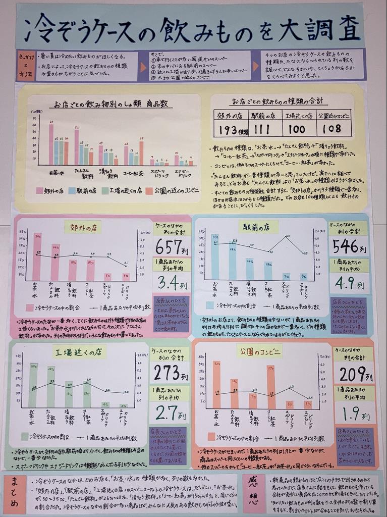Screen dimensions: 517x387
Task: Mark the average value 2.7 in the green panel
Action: click(x=165, y=412)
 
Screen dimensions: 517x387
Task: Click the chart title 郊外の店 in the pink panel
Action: click(x=82, y=227)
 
